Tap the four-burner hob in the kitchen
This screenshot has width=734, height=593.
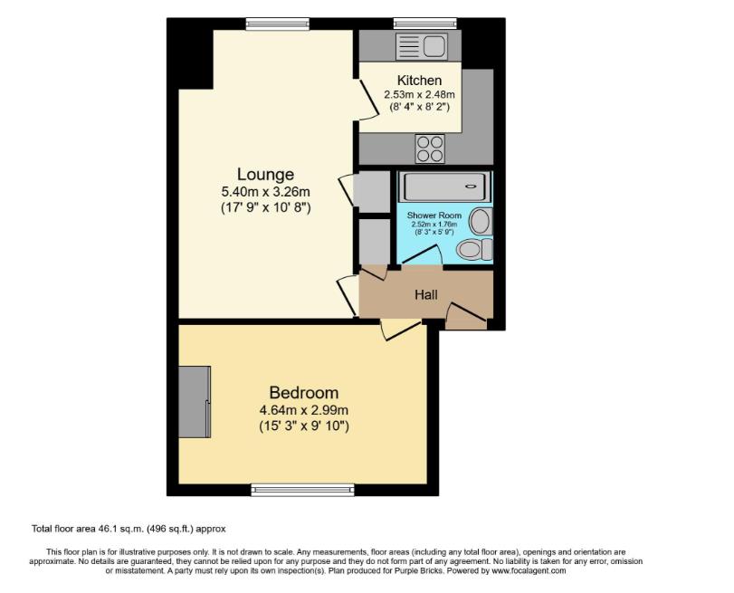point(430,148)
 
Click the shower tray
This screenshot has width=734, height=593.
point(444,187)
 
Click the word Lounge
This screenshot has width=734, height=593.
point(265,174)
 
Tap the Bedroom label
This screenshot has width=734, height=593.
point(303,393)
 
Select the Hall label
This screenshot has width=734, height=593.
point(425,295)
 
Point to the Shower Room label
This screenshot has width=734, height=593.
point(434,215)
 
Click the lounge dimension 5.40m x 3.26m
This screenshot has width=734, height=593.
point(265,191)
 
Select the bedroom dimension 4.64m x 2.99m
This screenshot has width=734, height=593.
point(303,409)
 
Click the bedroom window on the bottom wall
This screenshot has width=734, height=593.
point(302,490)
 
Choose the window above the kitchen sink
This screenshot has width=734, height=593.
point(424,24)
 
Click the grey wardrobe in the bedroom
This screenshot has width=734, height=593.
point(194,401)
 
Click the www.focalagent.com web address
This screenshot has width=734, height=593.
point(529,571)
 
